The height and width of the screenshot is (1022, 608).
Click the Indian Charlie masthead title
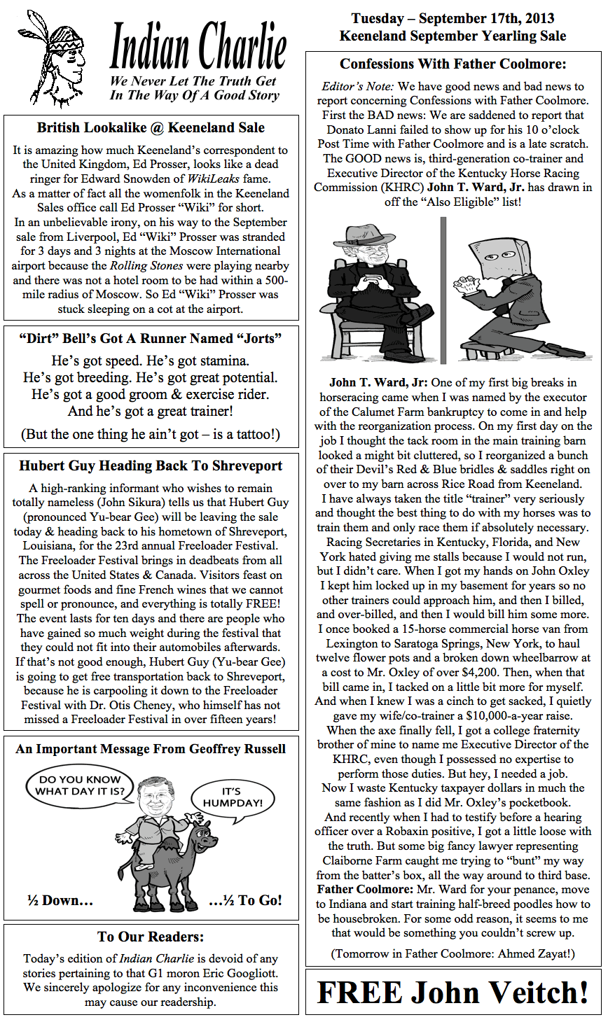point(198,47)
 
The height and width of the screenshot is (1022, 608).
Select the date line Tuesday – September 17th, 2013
point(452,19)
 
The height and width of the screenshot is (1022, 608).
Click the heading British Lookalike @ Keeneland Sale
point(151,127)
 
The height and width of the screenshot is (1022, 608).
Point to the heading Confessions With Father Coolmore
point(452,64)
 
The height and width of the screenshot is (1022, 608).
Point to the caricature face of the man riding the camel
point(151,799)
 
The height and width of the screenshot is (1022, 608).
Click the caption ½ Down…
point(60,901)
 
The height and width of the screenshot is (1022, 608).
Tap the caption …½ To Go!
point(245,901)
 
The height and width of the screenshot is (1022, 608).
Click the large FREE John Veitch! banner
point(452,992)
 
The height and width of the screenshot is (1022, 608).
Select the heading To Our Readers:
point(151,937)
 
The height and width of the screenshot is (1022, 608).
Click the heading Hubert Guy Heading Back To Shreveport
point(151,466)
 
